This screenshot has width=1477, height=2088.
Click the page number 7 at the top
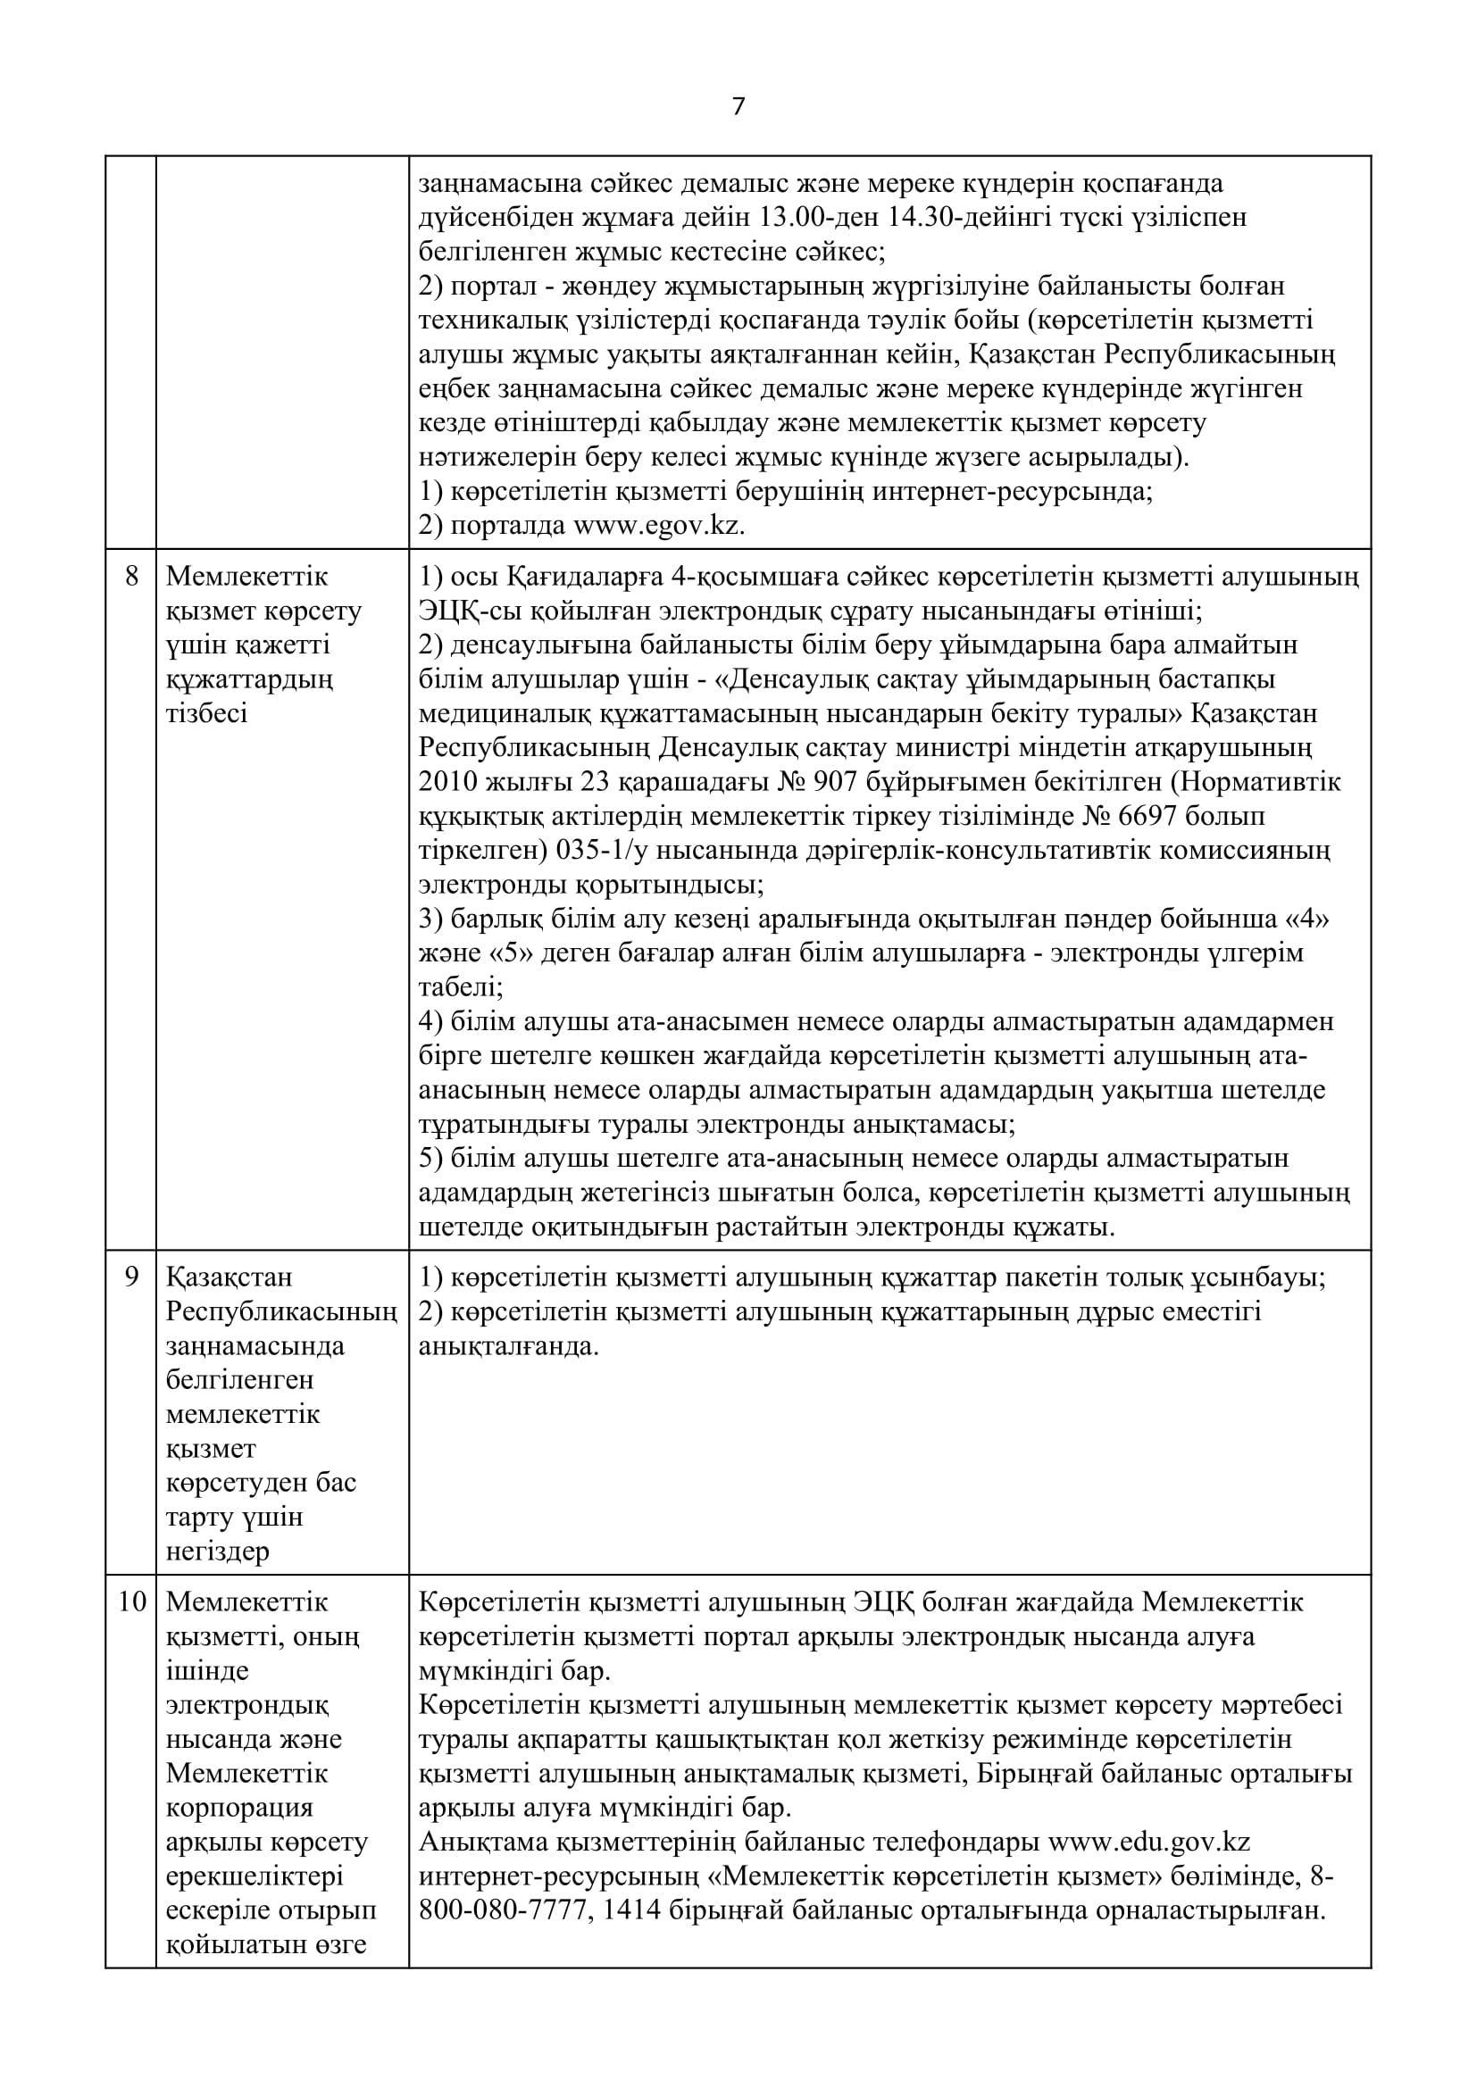coord(738,107)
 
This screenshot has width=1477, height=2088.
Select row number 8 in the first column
coord(131,576)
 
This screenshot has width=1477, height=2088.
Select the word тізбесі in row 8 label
coord(206,713)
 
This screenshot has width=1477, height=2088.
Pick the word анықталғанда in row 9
coord(508,1345)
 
